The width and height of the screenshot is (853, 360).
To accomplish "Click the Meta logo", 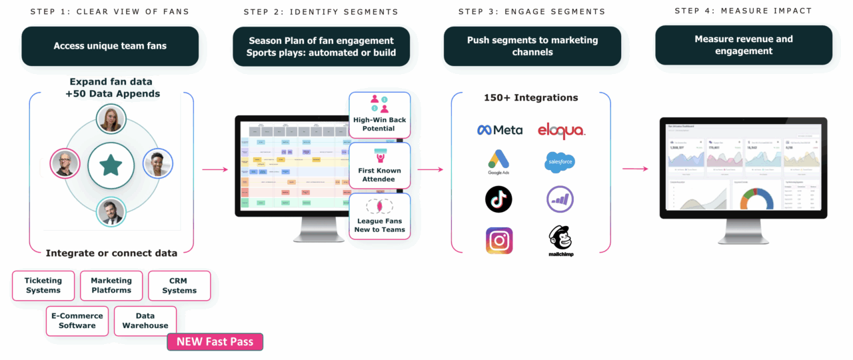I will tap(500, 130).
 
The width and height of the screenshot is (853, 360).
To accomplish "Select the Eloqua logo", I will tap(561, 131).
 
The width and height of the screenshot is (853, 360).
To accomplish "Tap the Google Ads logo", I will tap(498, 162).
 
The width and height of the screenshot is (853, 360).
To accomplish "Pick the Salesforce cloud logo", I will tap(560, 162).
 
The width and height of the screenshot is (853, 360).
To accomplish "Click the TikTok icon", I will tap(498, 199).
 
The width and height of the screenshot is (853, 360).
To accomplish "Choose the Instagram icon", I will tap(499, 241).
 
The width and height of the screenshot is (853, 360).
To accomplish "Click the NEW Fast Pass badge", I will tap(215, 342).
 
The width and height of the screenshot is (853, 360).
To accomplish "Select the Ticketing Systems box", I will tap(43, 285).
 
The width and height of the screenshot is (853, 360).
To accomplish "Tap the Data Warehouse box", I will tap(145, 321).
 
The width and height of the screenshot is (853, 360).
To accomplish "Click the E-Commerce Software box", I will tap(77, 321).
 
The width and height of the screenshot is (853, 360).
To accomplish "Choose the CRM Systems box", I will tap(179, 285).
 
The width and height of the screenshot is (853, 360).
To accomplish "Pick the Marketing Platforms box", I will tap(111, 285).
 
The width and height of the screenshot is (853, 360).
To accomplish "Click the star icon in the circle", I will tap(111, 164).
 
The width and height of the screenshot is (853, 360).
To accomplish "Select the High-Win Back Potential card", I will tap(379, 115).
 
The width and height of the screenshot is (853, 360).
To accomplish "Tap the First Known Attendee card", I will tap(379, 166).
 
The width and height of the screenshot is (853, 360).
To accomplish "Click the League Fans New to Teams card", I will tap(379, 217).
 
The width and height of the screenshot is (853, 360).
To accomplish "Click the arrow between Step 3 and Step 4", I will tap(635, 169).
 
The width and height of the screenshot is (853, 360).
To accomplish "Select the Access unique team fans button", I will tap(110, 46).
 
